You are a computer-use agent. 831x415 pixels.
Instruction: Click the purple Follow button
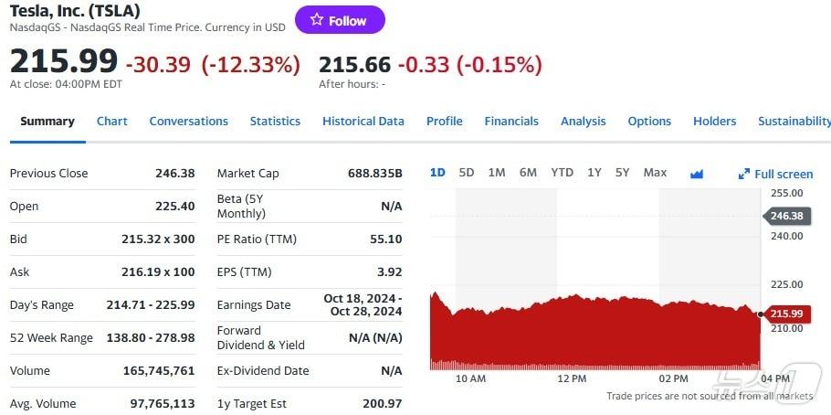click(x=340, y=20)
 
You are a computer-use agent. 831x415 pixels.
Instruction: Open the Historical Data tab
click(x=363, y=122)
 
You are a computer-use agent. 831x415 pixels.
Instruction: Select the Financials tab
click(x=511, y=122)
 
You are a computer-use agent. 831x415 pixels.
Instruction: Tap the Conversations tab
click(x=188, y=122)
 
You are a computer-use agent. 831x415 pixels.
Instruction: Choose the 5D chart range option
click(x=467, y=173)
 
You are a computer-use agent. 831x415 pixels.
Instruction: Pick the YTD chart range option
click(x=562, y=173)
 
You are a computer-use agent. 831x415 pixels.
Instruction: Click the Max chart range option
click(x=655, y=173)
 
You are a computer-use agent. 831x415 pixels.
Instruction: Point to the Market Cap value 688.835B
click(x=374, y=174)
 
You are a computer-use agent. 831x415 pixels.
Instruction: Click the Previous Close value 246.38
click(x=174, y=174)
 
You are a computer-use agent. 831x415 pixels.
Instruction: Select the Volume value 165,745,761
click(x=159, y=371)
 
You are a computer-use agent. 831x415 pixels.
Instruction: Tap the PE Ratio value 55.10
click(x=385, y=239)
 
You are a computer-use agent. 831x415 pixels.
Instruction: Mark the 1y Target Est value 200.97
click(x=382, y=404)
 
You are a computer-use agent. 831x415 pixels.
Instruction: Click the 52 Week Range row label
click(x=51, y=338)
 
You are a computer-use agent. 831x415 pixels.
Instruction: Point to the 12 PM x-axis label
click(x=572, y=378)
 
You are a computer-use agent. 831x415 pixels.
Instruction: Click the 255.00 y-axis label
click(x=786, y=194)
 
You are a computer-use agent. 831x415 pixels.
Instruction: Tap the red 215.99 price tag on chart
click(x=785, y=314)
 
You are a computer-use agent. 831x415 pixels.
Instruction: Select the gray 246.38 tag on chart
click(x=785, y=217)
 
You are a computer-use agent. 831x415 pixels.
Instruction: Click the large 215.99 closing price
click(x=64, y=61)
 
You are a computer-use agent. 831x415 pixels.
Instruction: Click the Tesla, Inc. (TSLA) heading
click(x=75, y=11)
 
